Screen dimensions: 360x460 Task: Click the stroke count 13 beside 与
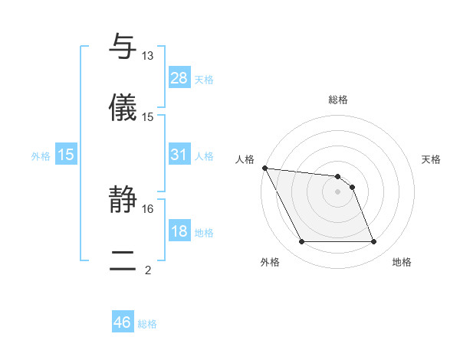coord(148,56)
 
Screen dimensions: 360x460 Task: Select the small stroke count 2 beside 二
coord(148,270)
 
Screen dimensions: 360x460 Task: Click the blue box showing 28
coord(179,77)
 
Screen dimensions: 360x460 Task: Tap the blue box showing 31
coord(179,155)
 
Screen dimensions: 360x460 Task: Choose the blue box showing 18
coord(179,231)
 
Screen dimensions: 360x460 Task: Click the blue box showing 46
coord(123,322)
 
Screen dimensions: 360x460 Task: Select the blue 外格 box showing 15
coord(66,155)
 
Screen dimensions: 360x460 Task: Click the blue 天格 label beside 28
coord(204,79)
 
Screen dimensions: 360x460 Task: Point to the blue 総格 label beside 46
coord(147,324)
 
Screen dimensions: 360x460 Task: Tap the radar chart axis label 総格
coord(337,100)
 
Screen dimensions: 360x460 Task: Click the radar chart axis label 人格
coord(245,159)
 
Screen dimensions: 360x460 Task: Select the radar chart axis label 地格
coord(402,262)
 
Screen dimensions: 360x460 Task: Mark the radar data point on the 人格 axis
coord(264,168)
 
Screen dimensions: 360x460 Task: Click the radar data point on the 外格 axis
coord(301,242)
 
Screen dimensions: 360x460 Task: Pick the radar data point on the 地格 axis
coord(373,242)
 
